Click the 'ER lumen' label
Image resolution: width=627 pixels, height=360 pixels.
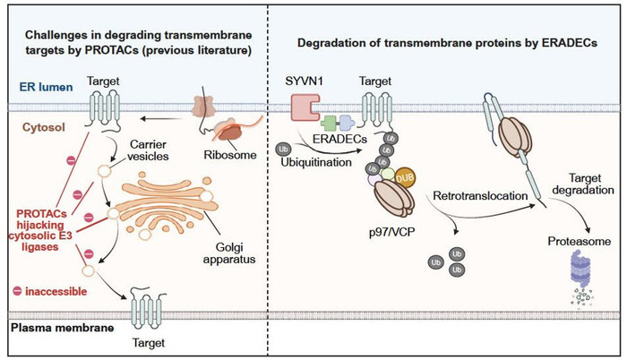point(41,86)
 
